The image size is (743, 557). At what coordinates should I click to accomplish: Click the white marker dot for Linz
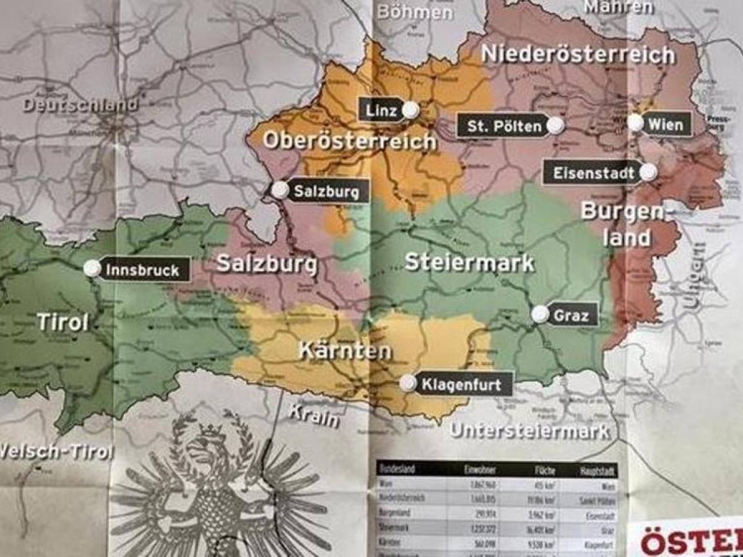[410, 110]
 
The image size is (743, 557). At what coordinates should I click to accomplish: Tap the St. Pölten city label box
[502, 126]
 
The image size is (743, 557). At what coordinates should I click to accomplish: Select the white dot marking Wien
[636, 123]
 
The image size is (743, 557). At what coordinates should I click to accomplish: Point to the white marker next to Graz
[541, 314]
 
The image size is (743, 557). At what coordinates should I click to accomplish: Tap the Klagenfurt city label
[465, 384]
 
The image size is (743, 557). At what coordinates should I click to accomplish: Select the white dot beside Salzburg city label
[280, 190]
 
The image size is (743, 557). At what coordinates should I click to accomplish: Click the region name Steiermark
[469, 262]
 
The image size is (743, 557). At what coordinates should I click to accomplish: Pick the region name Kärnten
[345, 351]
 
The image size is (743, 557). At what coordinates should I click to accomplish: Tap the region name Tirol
[62, 322]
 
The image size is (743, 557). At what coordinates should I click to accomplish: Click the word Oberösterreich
[349, 141]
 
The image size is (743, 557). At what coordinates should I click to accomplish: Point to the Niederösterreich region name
[577, 54]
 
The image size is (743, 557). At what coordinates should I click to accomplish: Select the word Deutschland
[80, 105]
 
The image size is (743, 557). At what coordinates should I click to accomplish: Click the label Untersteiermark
[529, 431]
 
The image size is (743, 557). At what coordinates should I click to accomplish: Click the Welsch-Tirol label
[56, 451]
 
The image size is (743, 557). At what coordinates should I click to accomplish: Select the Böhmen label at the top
[414, 11]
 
